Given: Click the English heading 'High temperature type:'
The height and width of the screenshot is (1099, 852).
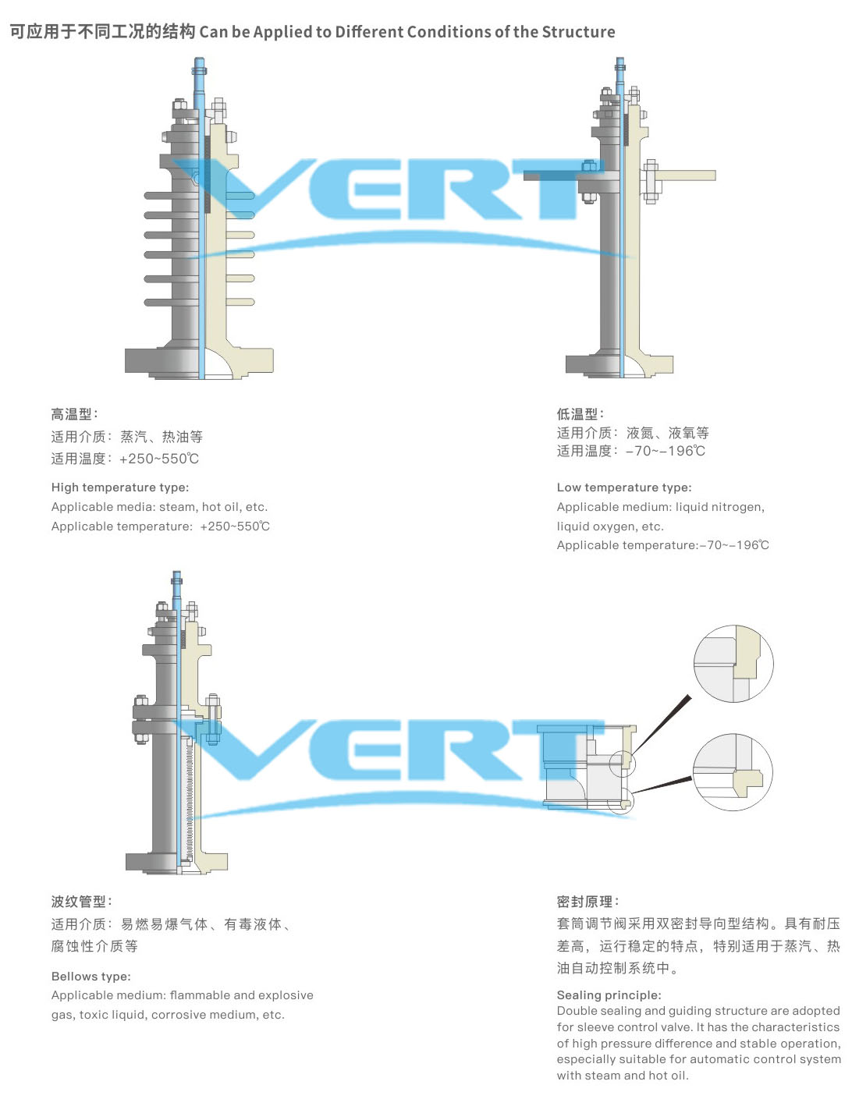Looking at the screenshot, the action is click(120, 487).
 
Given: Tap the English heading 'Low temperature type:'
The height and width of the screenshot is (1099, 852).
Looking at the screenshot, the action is click(624, 487).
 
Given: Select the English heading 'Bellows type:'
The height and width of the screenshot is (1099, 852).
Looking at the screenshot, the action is click(91, 976).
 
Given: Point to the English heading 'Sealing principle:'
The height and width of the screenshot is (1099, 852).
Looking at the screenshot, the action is click(609, 994).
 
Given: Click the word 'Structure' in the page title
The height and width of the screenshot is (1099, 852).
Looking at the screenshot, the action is click(578, 32).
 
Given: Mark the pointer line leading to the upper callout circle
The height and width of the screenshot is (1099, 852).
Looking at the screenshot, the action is click(662, 725).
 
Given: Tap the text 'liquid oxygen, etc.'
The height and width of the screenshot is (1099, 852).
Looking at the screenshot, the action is click(610, 526).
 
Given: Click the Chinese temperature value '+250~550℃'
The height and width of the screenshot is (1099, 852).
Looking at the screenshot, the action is click(159, 459).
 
